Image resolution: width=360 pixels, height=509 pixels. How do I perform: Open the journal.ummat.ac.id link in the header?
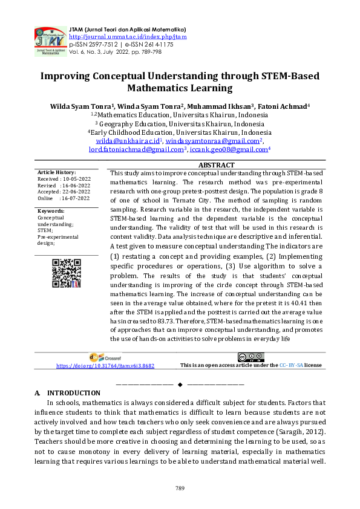tap(128, 37)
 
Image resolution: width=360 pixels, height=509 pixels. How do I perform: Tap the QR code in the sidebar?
tap(67, 274)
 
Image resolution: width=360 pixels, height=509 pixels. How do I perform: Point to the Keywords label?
tap(51, 210)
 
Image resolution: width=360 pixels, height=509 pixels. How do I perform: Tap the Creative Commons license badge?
tap(250, 357)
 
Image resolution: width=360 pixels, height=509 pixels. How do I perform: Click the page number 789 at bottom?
tap(180, 487)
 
